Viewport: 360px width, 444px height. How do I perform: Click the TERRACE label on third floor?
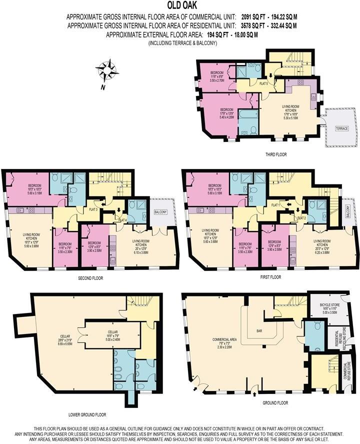[341, 128]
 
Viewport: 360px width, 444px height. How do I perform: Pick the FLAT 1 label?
[275, 205]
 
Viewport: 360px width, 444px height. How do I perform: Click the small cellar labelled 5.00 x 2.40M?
[112, 334]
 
